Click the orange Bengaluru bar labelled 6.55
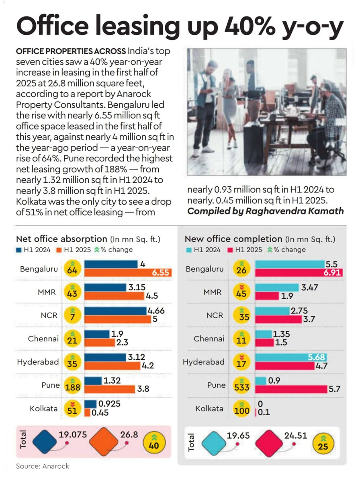(x=128, y=272)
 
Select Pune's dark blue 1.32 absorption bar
(x=93, y=381)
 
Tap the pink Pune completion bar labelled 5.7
(x=291, y=389)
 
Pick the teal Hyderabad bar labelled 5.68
(x=291, y=357)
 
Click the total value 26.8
(x=129, y=435)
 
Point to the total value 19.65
(x=238, y=435)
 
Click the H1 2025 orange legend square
(x=59, y=250)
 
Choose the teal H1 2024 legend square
(x=188, y=250)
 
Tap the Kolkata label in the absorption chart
(x=43, y=408)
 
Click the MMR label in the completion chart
(x=212, y=292)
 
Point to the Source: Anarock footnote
(x=43, y=466)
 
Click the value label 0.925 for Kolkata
(x=109, y=404)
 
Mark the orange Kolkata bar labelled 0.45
(x=87, y=413)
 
